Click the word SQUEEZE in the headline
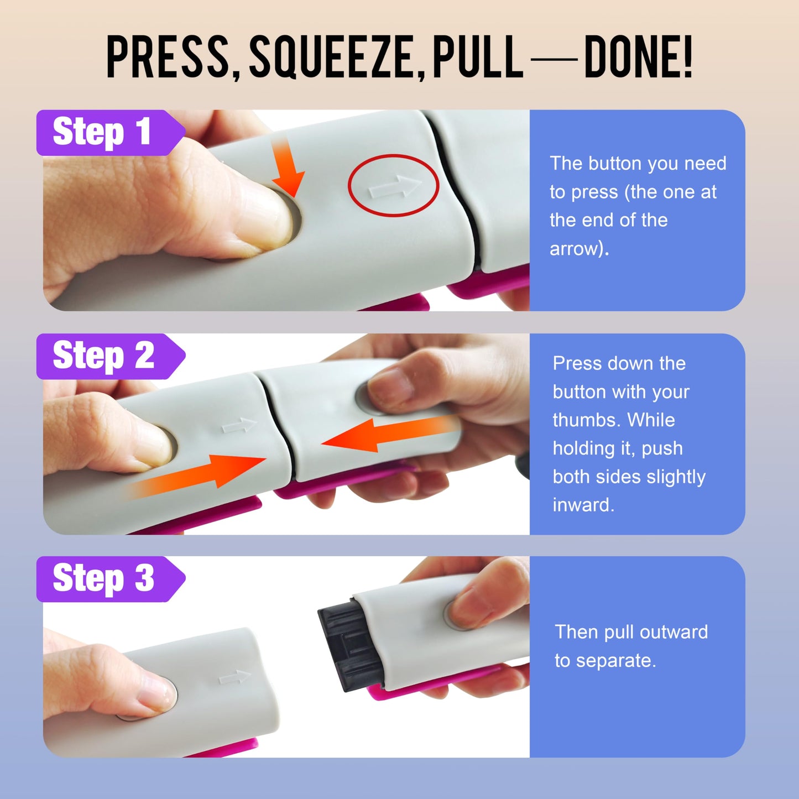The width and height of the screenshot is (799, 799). (331, 57)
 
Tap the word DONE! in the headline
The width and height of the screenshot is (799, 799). (639, 57)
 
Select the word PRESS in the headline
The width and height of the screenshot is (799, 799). (168, 57)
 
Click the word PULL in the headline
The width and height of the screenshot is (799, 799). (478, 57)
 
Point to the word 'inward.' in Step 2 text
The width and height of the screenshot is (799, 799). (583, 505)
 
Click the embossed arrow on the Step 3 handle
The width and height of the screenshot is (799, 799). (234, 677)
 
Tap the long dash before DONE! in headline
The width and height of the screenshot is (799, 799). (554, 59)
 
